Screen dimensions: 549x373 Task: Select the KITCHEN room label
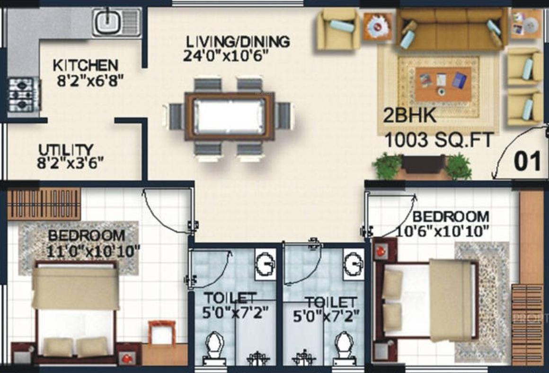tap(86, 65)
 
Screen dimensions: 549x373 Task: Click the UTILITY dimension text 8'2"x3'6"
tap(71, 163)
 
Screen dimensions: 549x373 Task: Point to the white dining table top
tap(230, 116)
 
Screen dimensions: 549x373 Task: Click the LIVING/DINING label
tap(238, 42)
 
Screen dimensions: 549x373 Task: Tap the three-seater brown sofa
tap(452, 29)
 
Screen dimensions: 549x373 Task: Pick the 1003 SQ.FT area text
tap(439, 140)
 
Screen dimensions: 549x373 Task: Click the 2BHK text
tap(410, 115)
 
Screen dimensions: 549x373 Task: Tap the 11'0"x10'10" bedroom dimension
tap(93, 252)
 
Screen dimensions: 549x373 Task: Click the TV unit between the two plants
tap(424, 165)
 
